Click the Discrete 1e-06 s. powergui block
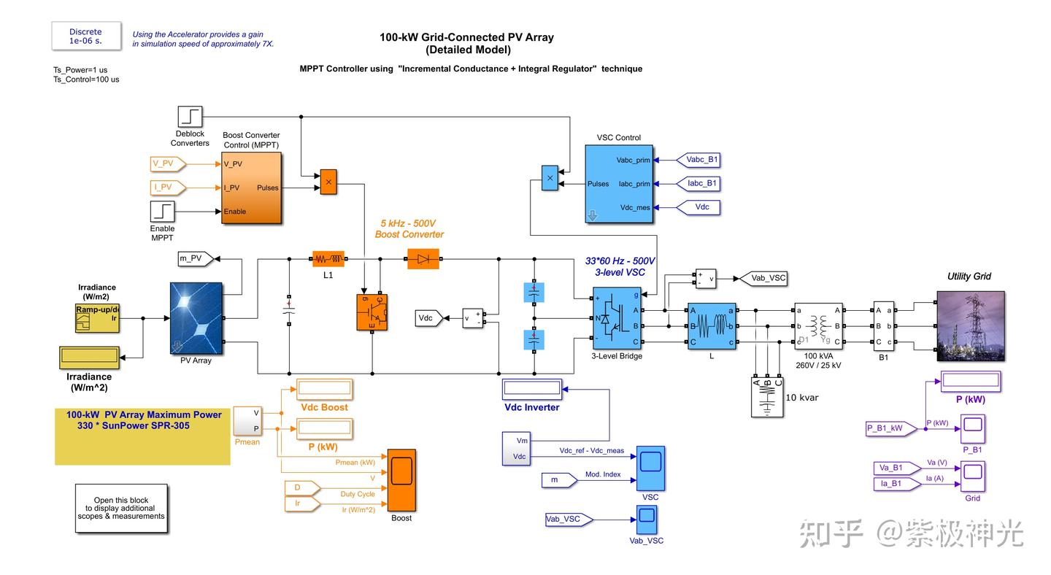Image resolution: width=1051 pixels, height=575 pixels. point(86,36)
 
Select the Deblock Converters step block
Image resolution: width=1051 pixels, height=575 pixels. point(190,117)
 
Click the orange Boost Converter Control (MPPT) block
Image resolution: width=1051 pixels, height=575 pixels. point(251,188)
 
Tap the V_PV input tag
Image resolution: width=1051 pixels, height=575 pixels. point(167,163)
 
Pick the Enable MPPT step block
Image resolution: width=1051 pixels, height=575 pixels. point(163,212)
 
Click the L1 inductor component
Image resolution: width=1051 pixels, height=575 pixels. point(328,259)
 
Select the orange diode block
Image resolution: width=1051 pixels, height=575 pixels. point(423,259)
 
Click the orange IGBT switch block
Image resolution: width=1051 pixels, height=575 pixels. point(372,312)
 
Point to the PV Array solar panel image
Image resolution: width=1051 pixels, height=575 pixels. point(196,318)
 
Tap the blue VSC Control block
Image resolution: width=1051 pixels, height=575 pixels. point(618,184)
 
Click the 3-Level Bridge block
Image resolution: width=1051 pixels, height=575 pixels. point(617,319)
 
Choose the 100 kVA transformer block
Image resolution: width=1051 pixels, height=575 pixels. point(818,326)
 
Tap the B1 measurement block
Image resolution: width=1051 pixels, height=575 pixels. point(883,326)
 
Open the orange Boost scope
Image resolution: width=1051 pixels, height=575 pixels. point(401,480)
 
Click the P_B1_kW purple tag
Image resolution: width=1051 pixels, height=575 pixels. point(890,428)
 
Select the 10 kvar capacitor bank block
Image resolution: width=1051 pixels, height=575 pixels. point(767,398)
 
